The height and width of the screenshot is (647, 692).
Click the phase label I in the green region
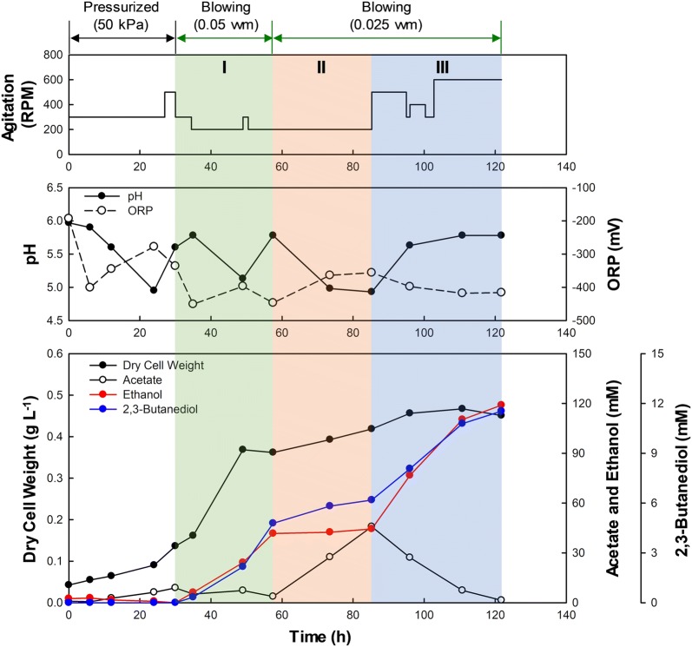point(224,68)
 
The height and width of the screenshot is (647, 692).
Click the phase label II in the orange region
point(321,68)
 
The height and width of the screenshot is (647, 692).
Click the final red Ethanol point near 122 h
point(501,405)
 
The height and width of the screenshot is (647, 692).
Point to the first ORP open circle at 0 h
point(69,218)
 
